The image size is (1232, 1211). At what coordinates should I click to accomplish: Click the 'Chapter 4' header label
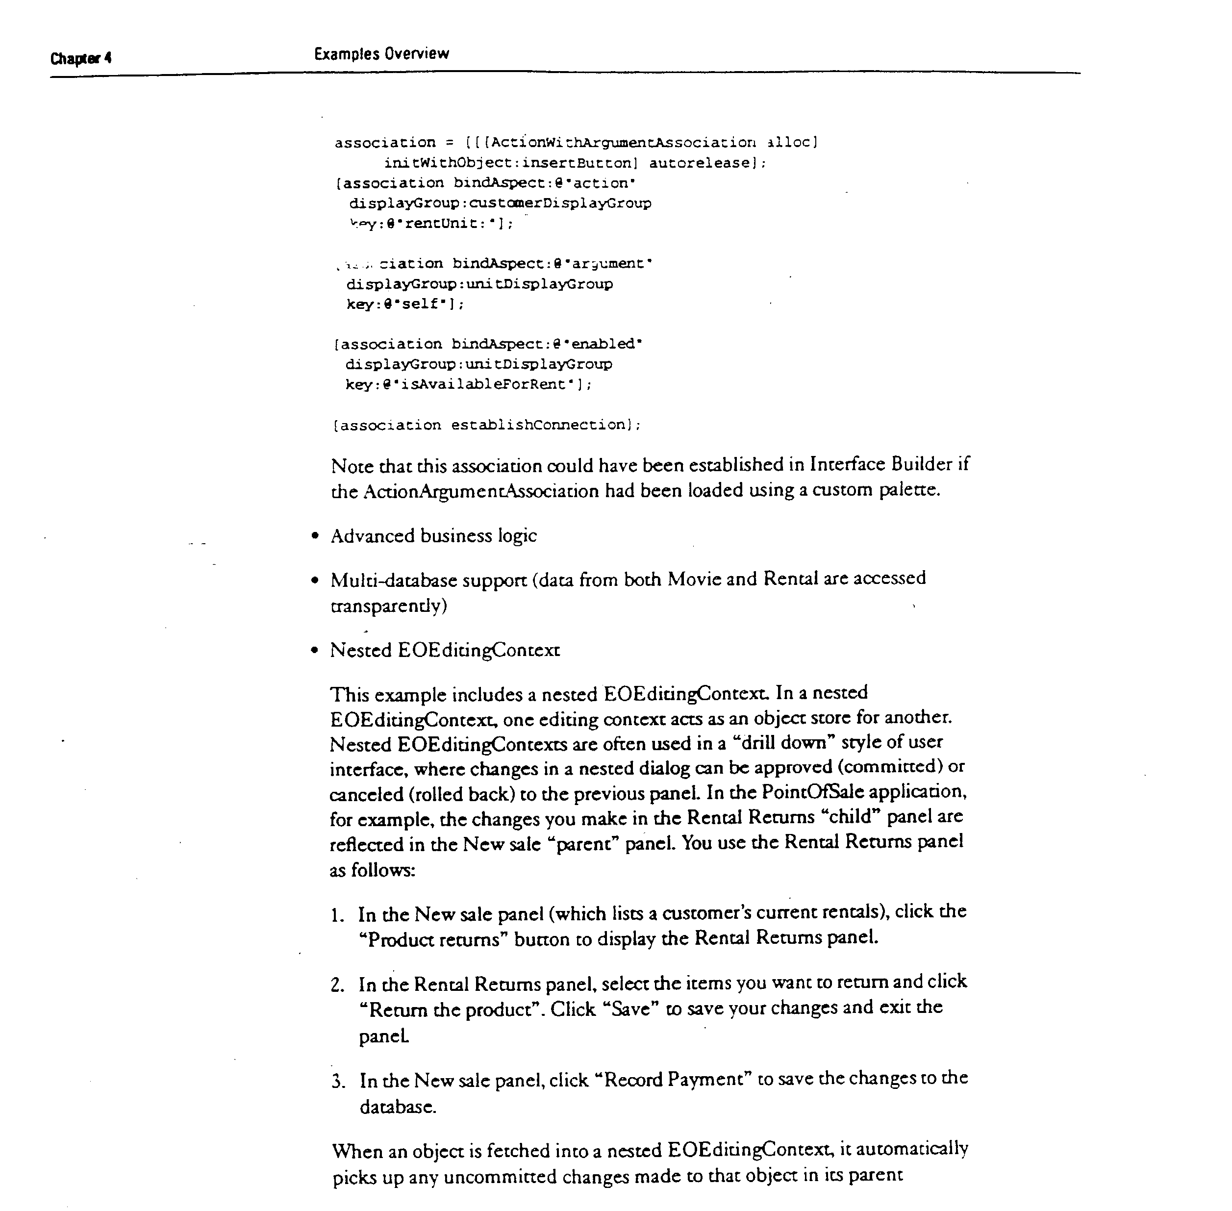pos(81,58)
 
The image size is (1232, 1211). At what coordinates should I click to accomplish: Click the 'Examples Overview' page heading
pos(381,54)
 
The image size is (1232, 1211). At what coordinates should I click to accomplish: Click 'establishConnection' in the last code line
pos(539,425)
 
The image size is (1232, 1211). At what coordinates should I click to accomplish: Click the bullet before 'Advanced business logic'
pos(314,536)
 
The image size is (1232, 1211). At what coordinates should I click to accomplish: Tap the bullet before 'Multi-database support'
pos(314,580)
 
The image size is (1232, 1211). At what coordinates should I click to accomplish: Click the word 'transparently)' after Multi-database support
pos(389,605)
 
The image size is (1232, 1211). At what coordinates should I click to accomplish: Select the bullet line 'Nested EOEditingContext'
pos(445,650)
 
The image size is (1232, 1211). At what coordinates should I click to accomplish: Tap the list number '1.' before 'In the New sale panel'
pos(337,915)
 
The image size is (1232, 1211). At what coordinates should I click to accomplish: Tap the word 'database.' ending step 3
pos(398,1108)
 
